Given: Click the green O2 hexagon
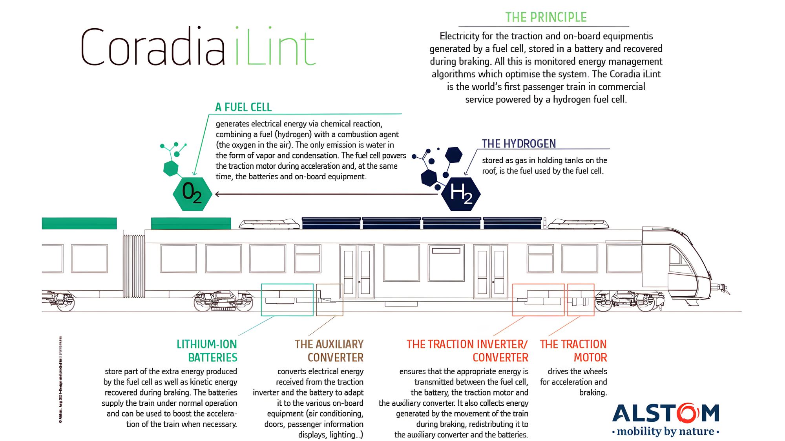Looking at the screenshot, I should (192, 193).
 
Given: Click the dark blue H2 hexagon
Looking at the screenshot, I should (461, 193).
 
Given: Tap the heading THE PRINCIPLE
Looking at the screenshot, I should (546, 17).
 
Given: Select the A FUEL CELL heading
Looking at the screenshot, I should (243, 107).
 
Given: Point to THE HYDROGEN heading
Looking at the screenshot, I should (519, 144).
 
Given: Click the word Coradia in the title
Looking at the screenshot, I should (153, 47).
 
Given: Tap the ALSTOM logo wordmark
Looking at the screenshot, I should (666, 413).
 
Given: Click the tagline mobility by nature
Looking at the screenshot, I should (666, 431).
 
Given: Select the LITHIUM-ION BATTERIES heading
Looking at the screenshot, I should (207, 351).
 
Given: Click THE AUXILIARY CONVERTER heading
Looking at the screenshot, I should (329, 351).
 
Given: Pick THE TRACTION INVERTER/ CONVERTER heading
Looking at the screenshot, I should (467, 351).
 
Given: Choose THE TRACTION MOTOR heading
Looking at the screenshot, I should (573, 351).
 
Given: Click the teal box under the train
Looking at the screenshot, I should (287, 300).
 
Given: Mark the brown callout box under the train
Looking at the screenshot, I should (330, 300).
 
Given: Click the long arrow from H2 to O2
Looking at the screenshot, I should (326, 194).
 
